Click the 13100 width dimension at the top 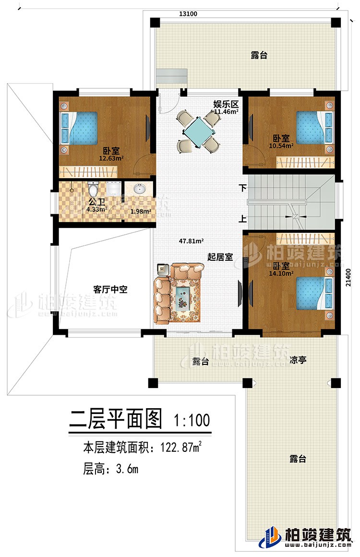pyautogui.click(x=188, y=14)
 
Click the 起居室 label pyautogui.click(x=220, y=257)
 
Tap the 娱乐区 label pyautogui.click(x=223, y=104)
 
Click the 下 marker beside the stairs pyautogui.click(x=243, y=187)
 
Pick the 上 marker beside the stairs pyautogui.click(x=243, y=219)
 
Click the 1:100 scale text pyautogui.click(x=192, y=420)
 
